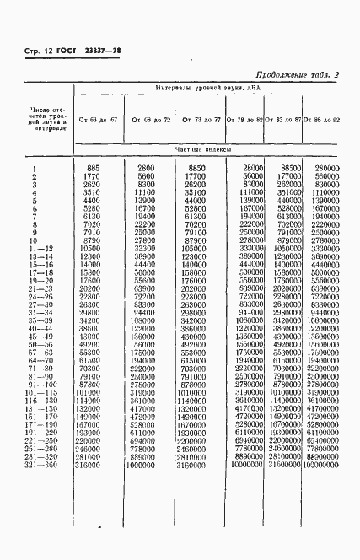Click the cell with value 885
(94, 170)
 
